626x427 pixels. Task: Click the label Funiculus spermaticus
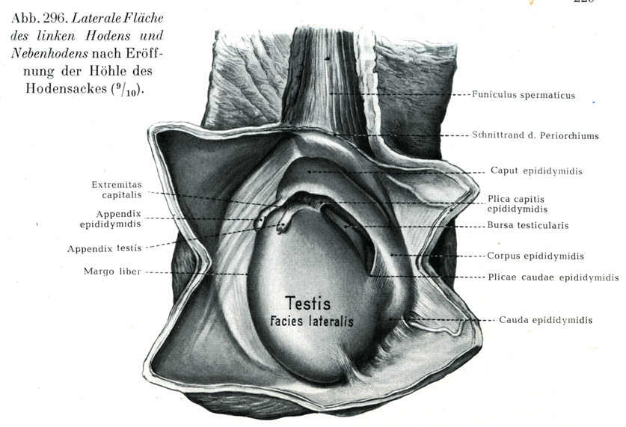tap(523, 95)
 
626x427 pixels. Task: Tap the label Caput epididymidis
tap(536, 171)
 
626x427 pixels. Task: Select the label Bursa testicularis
tap(528, 225)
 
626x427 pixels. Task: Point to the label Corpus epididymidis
tap(536, 256)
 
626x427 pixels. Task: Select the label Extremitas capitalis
tap(116, 190)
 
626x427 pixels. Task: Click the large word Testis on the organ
tap(307, 304)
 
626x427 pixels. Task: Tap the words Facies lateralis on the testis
tap(312, 322)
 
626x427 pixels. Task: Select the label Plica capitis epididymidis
tap(517, 204)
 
